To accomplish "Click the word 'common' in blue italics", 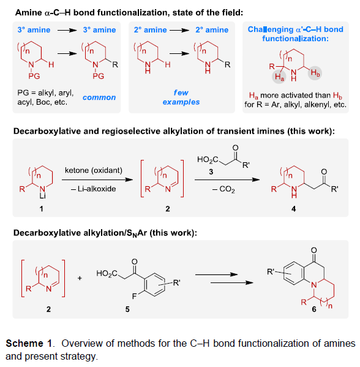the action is pyautogui.click(x=99, y=97).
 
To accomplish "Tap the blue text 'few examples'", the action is pyautogui.click(x=181, y=97).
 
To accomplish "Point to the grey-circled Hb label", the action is pyautogui.click(x=315, y=73).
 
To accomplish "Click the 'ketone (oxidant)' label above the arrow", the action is pyautogui.click(x=94, y=170).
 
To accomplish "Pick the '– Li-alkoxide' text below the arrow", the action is pyautogui.click(x=93, y=189).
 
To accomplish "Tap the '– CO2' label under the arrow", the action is pyautogui.click(x=223, y=189).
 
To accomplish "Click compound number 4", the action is pyautogui.click(x=294, y=209).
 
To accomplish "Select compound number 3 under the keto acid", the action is pyautogui.click(x=211, y=172).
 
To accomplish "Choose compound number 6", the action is pyautogui.click(x=314, y=309).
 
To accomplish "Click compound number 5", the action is pyautogui.click(x=127, y=309).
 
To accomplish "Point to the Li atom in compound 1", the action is pyautogui.click(x=43, y=196).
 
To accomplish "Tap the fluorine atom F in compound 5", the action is pyautogui.click(x=134, y=297).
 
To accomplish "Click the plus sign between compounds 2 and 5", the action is pyautogui.click(x=80, y=278).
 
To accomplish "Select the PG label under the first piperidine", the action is pyautogui.click(x=34, y=76).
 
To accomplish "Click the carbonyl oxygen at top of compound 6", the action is pyautogui.click(x=314, y=250).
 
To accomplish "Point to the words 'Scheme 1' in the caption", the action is pyautogui.click(x=29, y=344).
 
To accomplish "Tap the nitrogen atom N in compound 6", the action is pyautogui.click(x=314, y=285).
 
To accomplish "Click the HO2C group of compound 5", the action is pyautogui.click(x=107, y=274).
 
